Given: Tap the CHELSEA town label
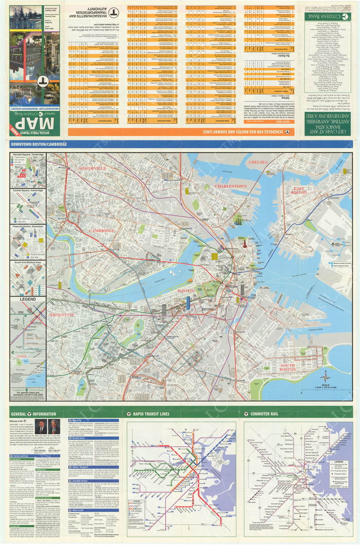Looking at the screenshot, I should (x=258, y=162).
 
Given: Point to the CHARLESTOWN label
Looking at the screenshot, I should (x=231, y=186).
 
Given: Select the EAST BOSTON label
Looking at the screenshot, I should (x=299, y=190).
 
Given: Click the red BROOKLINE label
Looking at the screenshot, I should (x=62, y=315).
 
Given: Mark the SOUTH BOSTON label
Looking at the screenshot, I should (x=287, y=367).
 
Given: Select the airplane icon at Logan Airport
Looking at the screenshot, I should (x=332, y=244).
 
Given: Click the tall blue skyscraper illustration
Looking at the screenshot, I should (x=188, y=303).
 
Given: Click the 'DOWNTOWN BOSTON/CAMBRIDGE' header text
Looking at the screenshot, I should (x=39, y=144).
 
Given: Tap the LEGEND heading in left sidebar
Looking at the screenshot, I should (x=28, y=299).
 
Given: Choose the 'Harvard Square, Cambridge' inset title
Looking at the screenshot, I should (x=28, y=155).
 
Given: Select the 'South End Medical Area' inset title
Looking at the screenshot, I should (x=28, y=262).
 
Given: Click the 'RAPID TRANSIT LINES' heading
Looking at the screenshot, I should (x=151, y=414).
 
